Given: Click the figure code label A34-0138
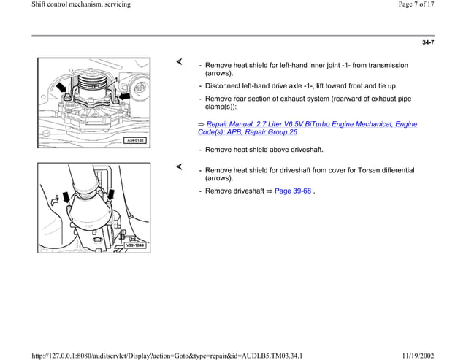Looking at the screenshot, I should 134,139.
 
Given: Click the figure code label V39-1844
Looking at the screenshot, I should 134,245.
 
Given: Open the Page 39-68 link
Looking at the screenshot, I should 292,191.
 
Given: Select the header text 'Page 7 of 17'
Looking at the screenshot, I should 435,5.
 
